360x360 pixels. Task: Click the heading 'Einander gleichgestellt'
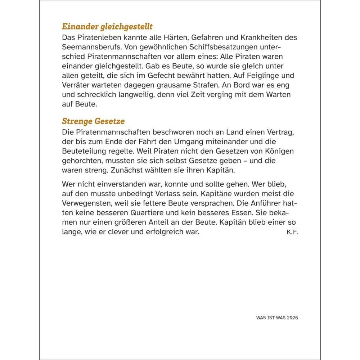(x=107, y=27)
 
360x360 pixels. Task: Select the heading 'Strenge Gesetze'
(x=93, y=121)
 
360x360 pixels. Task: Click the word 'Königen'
(x=280, y=151)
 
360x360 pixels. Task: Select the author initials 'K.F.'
(x=292, y=232)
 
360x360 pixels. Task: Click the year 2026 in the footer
(x=293, y=318)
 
